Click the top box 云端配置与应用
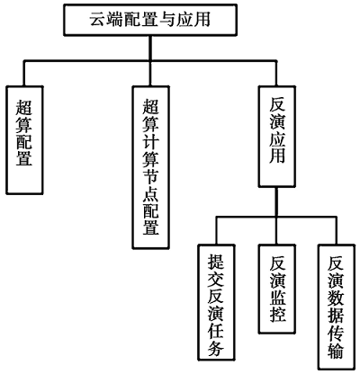(150, 20)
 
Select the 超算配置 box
(24, 140)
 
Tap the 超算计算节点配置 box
(151, 167)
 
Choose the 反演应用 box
(277, 137)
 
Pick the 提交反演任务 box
(216, 302)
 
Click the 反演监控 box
(277, 289)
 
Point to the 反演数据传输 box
(337, 307)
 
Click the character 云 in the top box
(98, 20)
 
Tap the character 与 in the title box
(167, 20)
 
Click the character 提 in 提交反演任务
(216, 262)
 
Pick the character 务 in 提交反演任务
(216, 348)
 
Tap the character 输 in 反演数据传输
(337, 351)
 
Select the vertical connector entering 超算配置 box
(24, 74)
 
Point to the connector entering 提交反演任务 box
(216, 231)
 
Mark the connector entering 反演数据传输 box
(337, 231)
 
